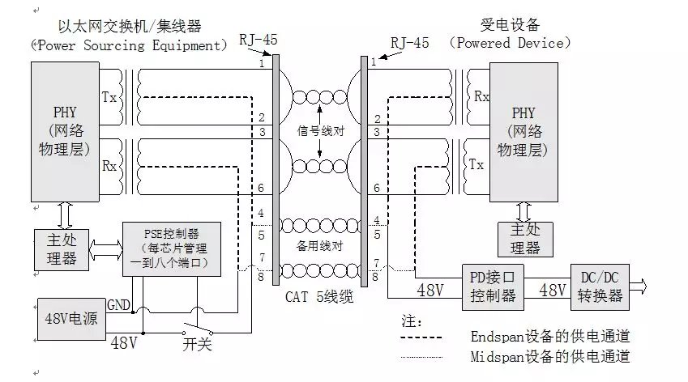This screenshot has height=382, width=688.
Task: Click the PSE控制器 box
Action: coord(170,248)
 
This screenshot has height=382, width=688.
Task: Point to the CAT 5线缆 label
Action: coord(319,296)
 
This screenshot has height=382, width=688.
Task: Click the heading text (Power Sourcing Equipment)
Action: coord(129,45)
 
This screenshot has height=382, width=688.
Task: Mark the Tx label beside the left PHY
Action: coord(109,97)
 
